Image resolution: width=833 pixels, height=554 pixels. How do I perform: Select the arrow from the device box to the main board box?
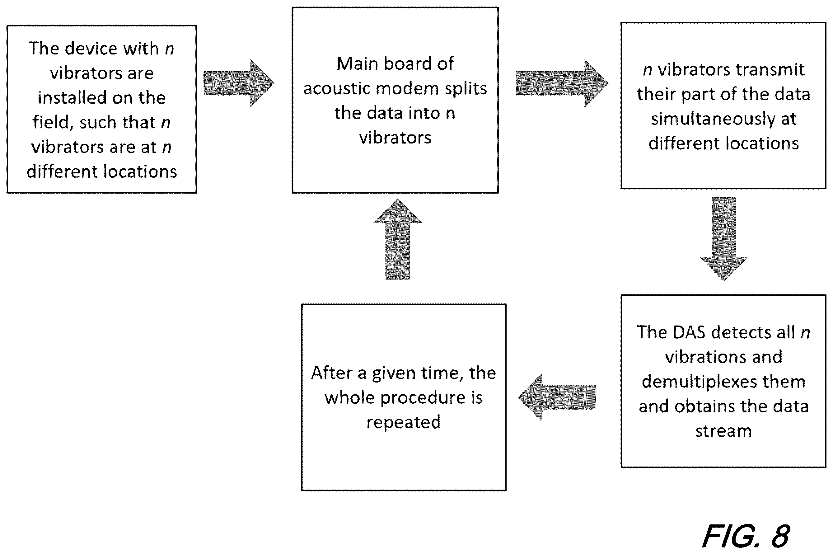point(239,83)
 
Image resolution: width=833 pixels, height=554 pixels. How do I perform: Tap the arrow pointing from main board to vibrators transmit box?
point(562,83)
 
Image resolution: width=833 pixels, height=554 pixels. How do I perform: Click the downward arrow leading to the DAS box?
point(724,239)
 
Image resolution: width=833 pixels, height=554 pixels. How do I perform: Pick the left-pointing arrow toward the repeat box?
point(557,397)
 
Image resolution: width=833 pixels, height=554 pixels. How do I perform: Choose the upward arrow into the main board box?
point(397,239)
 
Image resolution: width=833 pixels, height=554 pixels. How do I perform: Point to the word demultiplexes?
point(723,382)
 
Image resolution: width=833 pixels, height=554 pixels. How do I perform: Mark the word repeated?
point(403,423)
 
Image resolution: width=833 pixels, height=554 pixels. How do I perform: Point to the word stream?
point(723,431)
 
